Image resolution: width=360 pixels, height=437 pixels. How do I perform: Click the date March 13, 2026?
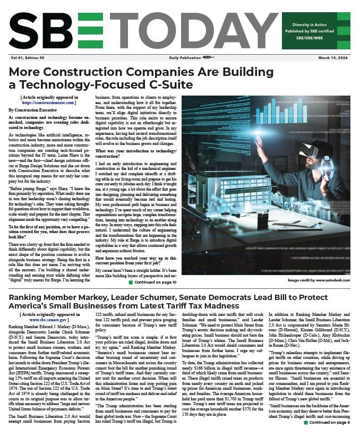point(333,57)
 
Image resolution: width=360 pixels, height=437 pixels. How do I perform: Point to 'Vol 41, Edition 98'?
point(27,57)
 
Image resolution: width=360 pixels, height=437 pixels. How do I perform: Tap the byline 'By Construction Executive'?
point(33,109)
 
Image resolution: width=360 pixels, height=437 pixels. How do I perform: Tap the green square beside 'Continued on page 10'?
point(131,282)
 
